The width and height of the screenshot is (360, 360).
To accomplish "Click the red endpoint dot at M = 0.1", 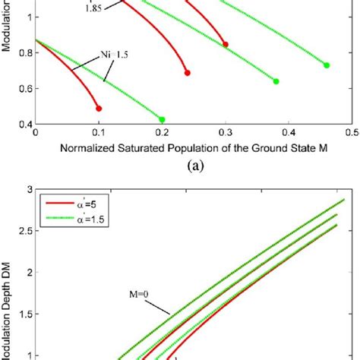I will tap(99, 109).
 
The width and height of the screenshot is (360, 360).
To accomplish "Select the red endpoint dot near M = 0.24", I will tap(187, 73).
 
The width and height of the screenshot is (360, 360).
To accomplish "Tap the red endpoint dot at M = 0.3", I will tap(226, 45).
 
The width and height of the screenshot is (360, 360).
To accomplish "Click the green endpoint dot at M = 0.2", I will tap(162, 119).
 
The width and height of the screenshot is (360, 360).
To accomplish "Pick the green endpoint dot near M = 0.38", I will tap(276, 81).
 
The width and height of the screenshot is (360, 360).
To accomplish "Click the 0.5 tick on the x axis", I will tap(351, 131).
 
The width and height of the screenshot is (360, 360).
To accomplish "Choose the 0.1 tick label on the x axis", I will tap(99, 131).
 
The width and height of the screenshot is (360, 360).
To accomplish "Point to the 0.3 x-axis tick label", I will tap(225, 131).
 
